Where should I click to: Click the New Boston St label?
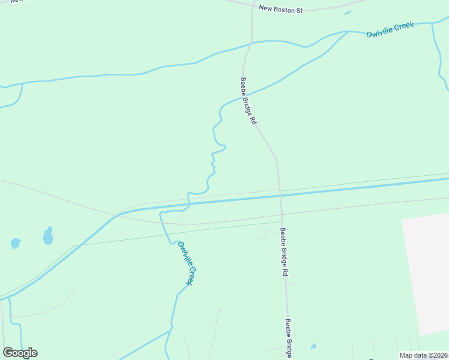(x=281, y=9)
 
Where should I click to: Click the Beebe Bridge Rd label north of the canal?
(x=249, y=100)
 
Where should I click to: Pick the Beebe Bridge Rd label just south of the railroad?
(x=285, y=251)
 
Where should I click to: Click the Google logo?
(x=20, y=353)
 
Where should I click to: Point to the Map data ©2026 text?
(x=423, y=355)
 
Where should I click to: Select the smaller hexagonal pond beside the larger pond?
(x=16, y=243)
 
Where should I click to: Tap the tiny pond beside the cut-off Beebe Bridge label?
(x=313, y=346)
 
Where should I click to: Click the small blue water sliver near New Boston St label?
(x=348, y=12)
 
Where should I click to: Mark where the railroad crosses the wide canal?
(x=115, y=215)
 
